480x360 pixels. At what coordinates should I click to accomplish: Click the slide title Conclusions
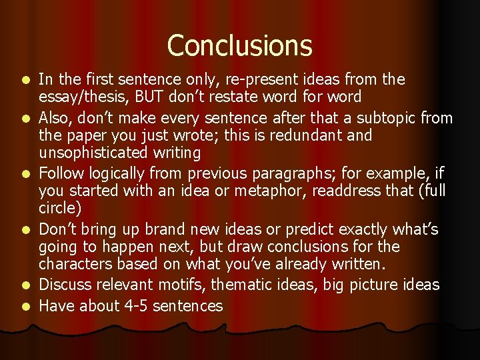point(239,45)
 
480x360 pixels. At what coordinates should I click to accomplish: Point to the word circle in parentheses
point(59,209)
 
